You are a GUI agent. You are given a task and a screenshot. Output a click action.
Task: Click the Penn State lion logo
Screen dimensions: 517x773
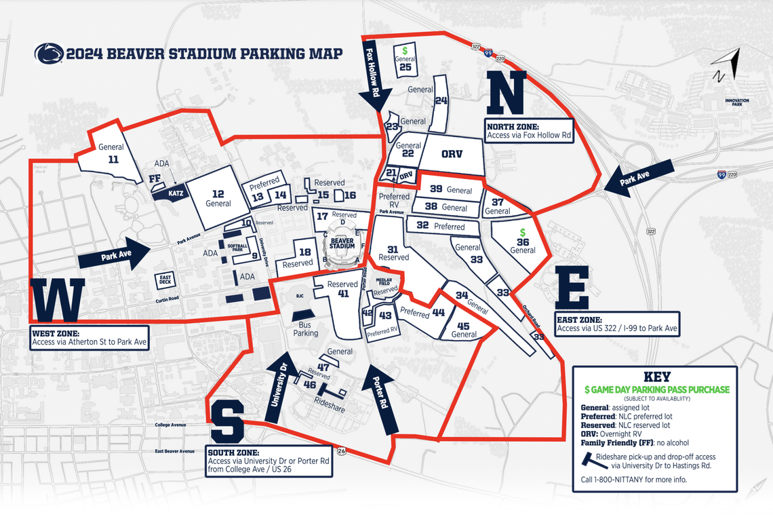tap(49, 54)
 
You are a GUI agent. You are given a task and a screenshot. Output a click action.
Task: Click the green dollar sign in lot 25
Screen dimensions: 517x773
tap(405, 50)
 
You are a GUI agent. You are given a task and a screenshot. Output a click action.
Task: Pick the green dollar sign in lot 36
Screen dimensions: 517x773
tap(523, 232)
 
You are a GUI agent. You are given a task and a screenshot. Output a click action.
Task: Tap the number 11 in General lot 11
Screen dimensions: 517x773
tap(113, 159)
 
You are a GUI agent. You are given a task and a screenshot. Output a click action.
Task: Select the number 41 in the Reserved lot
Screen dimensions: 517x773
tap(343, 294)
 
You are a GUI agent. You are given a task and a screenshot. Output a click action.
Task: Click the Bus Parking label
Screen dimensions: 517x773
tap(305, 329)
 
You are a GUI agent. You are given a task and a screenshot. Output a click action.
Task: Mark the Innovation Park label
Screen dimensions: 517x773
tap(736, 102)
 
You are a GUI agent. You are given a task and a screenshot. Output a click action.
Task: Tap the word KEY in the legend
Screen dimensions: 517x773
tap(656, 377)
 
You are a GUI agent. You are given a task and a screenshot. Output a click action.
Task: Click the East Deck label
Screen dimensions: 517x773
tap(165, 279)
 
